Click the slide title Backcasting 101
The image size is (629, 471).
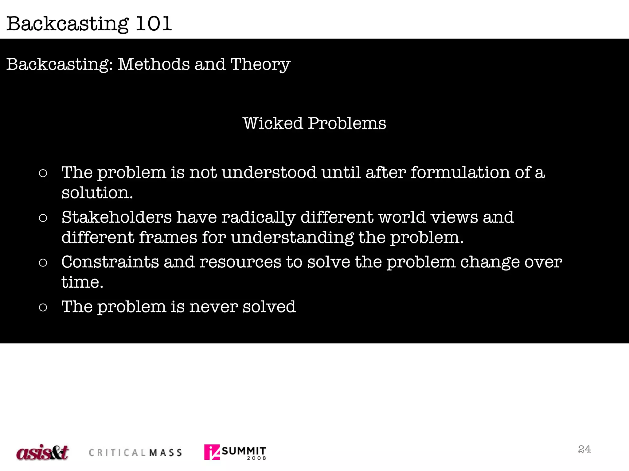tap(89, 24)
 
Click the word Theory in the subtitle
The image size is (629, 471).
tap(260, 65)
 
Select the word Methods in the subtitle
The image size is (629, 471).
tap(154, 64)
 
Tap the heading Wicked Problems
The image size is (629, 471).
tap(314, 124)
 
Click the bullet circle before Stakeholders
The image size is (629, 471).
tap(43, 218)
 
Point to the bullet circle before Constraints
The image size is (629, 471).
tap(43, 263)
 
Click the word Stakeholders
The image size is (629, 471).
tap(116, 217)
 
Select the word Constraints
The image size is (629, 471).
tap(110, 262)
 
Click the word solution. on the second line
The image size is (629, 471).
tap(97, 193)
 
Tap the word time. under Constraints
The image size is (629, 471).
tap(82, 282)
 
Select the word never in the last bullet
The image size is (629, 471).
tap(213, 307)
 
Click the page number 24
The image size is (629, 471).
tap(584, 449)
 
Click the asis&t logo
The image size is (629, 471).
tap(42, 452)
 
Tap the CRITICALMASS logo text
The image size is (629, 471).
tap(135, 453)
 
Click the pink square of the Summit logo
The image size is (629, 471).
tap(212, 452)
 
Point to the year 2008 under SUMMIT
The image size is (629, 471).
tap(256, 458)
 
